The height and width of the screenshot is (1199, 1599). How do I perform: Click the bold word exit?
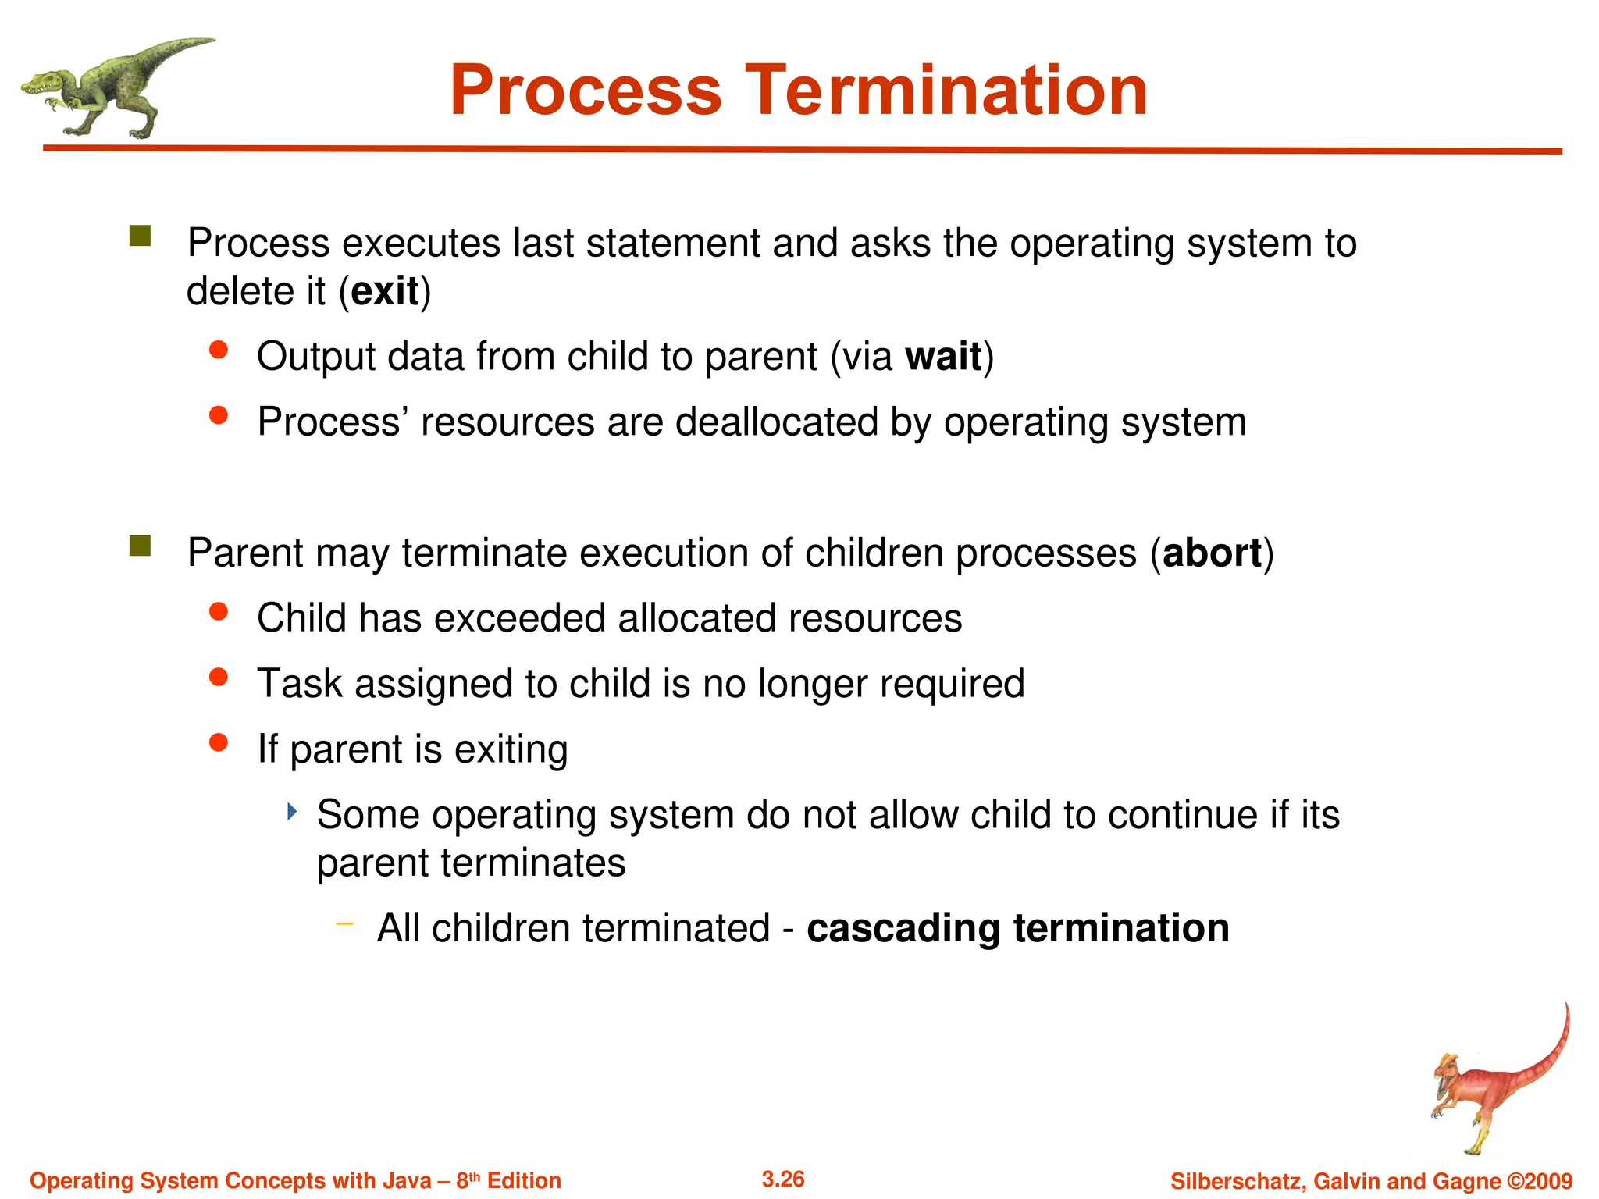tap(385, 291)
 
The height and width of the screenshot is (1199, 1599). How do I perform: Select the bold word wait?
tap(942, 357)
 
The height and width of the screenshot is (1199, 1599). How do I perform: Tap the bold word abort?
tap(1211, 553)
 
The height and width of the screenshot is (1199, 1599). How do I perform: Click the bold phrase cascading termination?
tap(1017, 928)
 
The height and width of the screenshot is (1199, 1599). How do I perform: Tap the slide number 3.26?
tap(782, 1179)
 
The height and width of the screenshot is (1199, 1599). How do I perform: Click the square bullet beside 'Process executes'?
tap(141, 236)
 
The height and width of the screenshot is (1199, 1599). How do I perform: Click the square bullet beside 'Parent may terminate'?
tap(141, 546)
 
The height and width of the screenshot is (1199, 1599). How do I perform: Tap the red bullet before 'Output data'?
tap(219, 350)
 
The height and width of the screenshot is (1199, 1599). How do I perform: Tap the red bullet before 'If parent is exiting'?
tap(219, 742)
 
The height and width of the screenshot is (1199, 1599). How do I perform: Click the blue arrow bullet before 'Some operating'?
tap(292, 812)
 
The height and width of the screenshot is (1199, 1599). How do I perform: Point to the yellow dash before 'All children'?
tap(344, 924)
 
